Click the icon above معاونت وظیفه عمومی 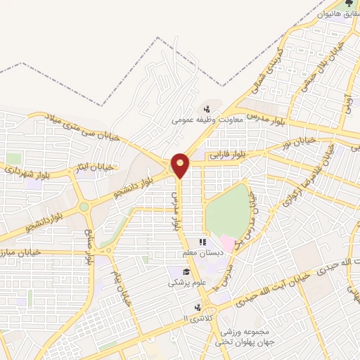point(206,108)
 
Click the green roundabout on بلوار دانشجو point(84,207)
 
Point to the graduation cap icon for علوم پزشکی point(186,272)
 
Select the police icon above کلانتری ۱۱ point(197,307)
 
